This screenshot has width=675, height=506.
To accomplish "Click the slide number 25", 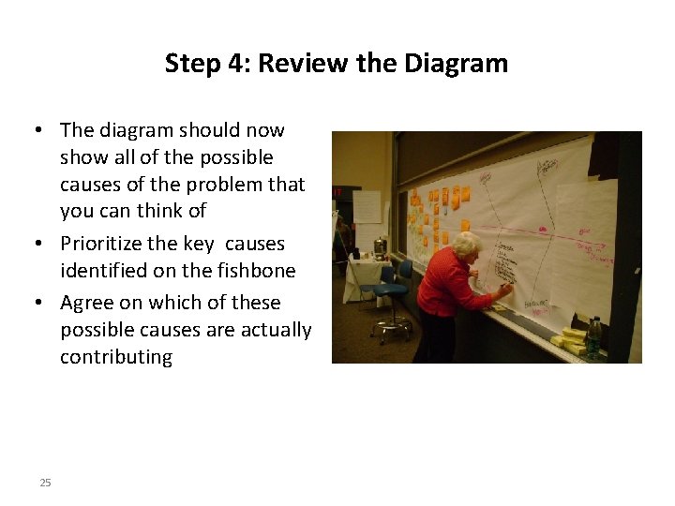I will pyautogui.click(x=45, y=483).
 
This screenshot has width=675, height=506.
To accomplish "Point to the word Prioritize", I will pyautogui.click(x=101, y=244).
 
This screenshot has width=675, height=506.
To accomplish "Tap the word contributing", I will pyautogui.click(x=116, y=357).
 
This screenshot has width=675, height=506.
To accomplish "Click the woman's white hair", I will pyautogui.click(x=466, y=245).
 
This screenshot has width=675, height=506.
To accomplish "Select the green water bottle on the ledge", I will pyautogui.click(x=593, y=338).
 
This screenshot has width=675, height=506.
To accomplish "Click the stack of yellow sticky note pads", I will pyautogui.click(x=571, y=339).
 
